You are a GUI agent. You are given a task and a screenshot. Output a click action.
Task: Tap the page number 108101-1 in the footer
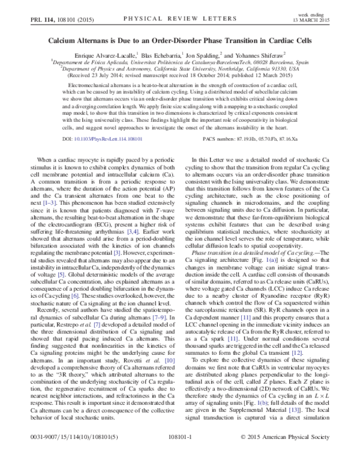(x=179, y=454)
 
